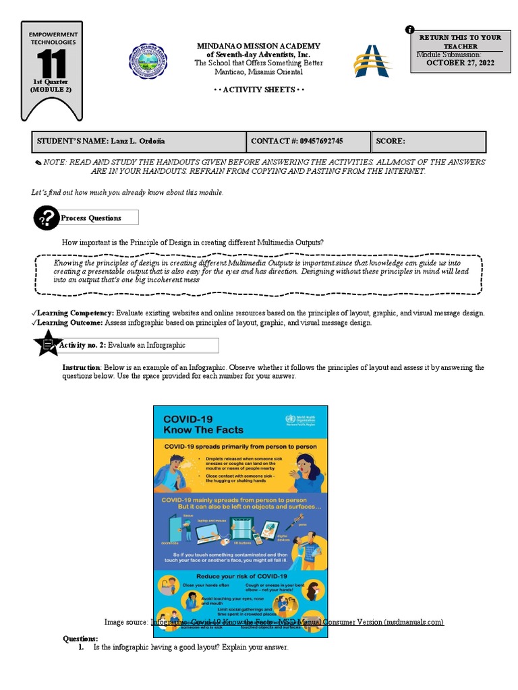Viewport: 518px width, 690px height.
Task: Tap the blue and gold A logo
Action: [x=372, y=61]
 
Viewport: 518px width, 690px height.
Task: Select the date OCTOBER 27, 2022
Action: [x=460, y=63]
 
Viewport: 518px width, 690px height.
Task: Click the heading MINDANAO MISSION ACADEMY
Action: [x=258, y=46]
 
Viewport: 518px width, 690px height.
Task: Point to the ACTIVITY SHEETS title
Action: [x=258, y=90]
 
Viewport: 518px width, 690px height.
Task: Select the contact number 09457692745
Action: [x=314, y=141]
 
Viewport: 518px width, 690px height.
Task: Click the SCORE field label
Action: [x=391, y=141]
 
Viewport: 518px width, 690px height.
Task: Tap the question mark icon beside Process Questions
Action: [x=46, y=218]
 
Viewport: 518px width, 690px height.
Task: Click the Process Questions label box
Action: [x=98, y=218]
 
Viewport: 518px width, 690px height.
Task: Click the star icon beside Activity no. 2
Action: [x=47, y=345]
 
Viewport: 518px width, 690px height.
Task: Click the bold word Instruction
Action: [x=82, y=367]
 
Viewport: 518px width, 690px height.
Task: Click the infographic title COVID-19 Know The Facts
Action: [x=194, y=424]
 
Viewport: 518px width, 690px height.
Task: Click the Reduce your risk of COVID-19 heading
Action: [x=241, y=576]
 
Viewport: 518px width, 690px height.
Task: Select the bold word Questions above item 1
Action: [x=80, y=638]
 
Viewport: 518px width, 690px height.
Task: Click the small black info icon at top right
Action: [x=409, y=29]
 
